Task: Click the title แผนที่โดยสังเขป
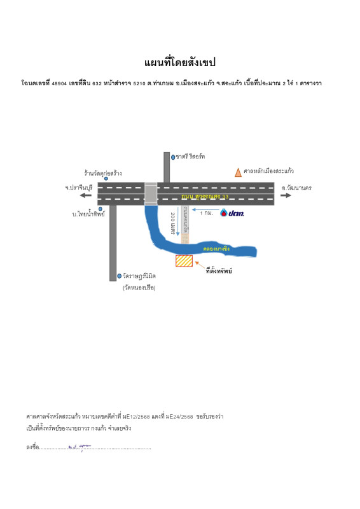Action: pyautogui.click(x=180, y=62)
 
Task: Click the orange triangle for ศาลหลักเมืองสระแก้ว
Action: pyautogui.click(x=238, y=172)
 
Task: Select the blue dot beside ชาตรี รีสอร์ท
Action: pyautogui.click(x=173, y=157)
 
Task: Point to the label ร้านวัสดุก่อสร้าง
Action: pyautogui.click(x=103, y=172)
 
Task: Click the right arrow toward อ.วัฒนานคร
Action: pyautogui.click(x=286, y=195)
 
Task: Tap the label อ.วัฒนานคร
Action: pyautogui.click(x=296, y=188)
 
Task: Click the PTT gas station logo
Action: pyautogui.click(x=232, y=213)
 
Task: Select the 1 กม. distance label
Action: pyautogui.click(x=206, y=213)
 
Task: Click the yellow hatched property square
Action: pyautogui.click(x=184, y=260)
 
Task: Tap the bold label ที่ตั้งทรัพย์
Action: pyautogui.click(x=219, y=271)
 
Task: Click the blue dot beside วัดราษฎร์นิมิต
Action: pyautogui.click(x=119, y=276)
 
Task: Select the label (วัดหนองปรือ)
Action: pyautogui.click(x=139, y=288)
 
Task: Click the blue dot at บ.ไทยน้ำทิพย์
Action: pyautogui.click(x=100, y=209)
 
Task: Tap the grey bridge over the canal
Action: pyautogui.click(x=151, y=193)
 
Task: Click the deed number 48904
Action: pyautogui.click(x=60, y=84)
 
